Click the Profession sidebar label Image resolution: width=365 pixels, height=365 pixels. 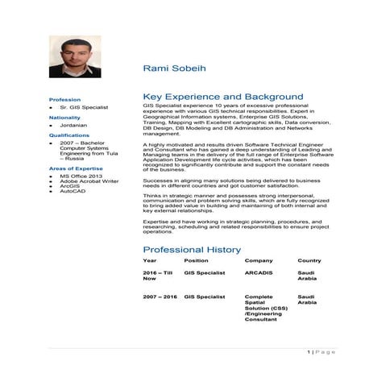[x=64, y=99]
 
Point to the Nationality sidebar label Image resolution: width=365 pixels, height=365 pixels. [x=66, y=118]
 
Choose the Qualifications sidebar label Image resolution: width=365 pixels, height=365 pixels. [x=69, y=135]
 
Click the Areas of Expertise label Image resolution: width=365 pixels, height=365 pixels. [x=75, y=168]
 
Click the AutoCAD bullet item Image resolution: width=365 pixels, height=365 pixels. [x=72, y=190]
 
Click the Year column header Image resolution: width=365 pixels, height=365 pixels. [x=150, y=261]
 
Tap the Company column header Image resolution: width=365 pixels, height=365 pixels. [x=259, y=261]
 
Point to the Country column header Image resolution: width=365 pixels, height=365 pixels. [x=309, y=261]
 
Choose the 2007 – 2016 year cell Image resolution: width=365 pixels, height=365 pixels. [x=160, y=297]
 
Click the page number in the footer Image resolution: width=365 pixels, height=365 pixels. [x=309, y=352]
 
